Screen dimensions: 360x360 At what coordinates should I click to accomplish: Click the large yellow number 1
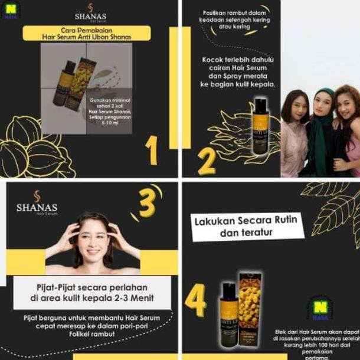tap(152, 150)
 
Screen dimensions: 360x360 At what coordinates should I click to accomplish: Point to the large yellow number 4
tap(195, 299)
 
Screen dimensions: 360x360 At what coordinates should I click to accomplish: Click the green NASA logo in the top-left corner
tap(10, 10)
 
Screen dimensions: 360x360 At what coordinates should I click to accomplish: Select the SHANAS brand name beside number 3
tap(37, 208)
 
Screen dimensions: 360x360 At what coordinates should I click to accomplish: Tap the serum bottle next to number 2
tap(261, 126)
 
